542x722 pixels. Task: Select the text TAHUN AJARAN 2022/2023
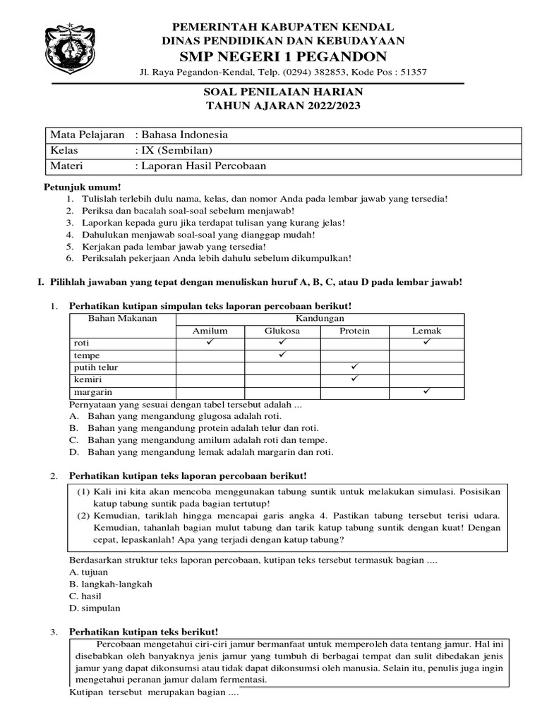click(x=282, y=106)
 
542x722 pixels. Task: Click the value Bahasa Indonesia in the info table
click(x=183, y=135)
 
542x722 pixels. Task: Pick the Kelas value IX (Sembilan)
click(x=175, y=151)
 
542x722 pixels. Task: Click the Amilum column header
click(x=210, y=331)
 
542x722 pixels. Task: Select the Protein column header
click(x=354, y=331)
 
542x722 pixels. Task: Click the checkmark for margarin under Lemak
click(x=427, y=391)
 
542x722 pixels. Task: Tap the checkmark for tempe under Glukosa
click(x=282, y=355)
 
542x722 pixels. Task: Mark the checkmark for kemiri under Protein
click(x=355, y=379)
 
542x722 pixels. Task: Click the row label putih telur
click(x=96, y=368)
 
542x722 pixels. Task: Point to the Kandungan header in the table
click(x=318, y=319)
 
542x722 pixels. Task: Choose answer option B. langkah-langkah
click(x=110, y=584)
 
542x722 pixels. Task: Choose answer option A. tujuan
click(x=88, y=572)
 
